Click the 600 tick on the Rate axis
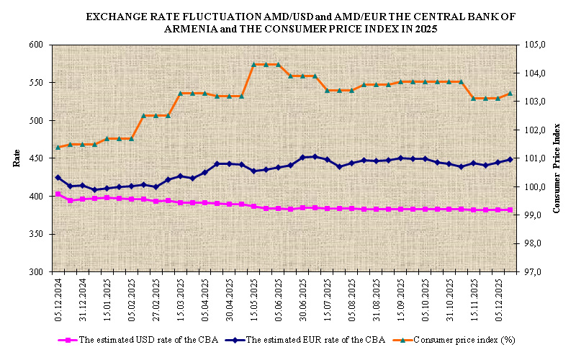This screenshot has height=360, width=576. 35,45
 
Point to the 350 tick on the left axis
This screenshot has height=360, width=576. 35,234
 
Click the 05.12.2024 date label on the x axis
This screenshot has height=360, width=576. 59,299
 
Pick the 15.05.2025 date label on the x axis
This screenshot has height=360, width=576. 254,299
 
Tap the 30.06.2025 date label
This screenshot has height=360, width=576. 303,299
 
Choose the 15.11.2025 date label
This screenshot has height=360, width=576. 474,299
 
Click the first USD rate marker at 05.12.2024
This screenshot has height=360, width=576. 58,194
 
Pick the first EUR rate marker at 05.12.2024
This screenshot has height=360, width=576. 58,178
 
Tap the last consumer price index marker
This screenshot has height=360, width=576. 510,93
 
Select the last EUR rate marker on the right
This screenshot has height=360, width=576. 510,160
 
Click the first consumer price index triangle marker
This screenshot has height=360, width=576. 58,147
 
